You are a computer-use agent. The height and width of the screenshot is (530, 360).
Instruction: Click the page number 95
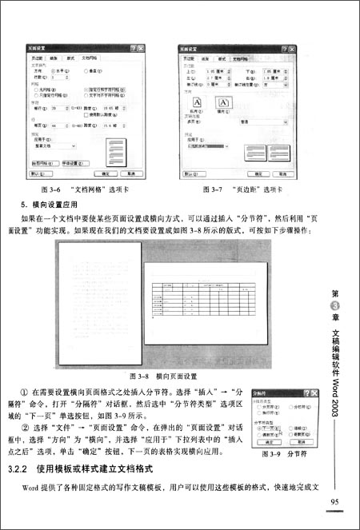[x=336, y=501]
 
